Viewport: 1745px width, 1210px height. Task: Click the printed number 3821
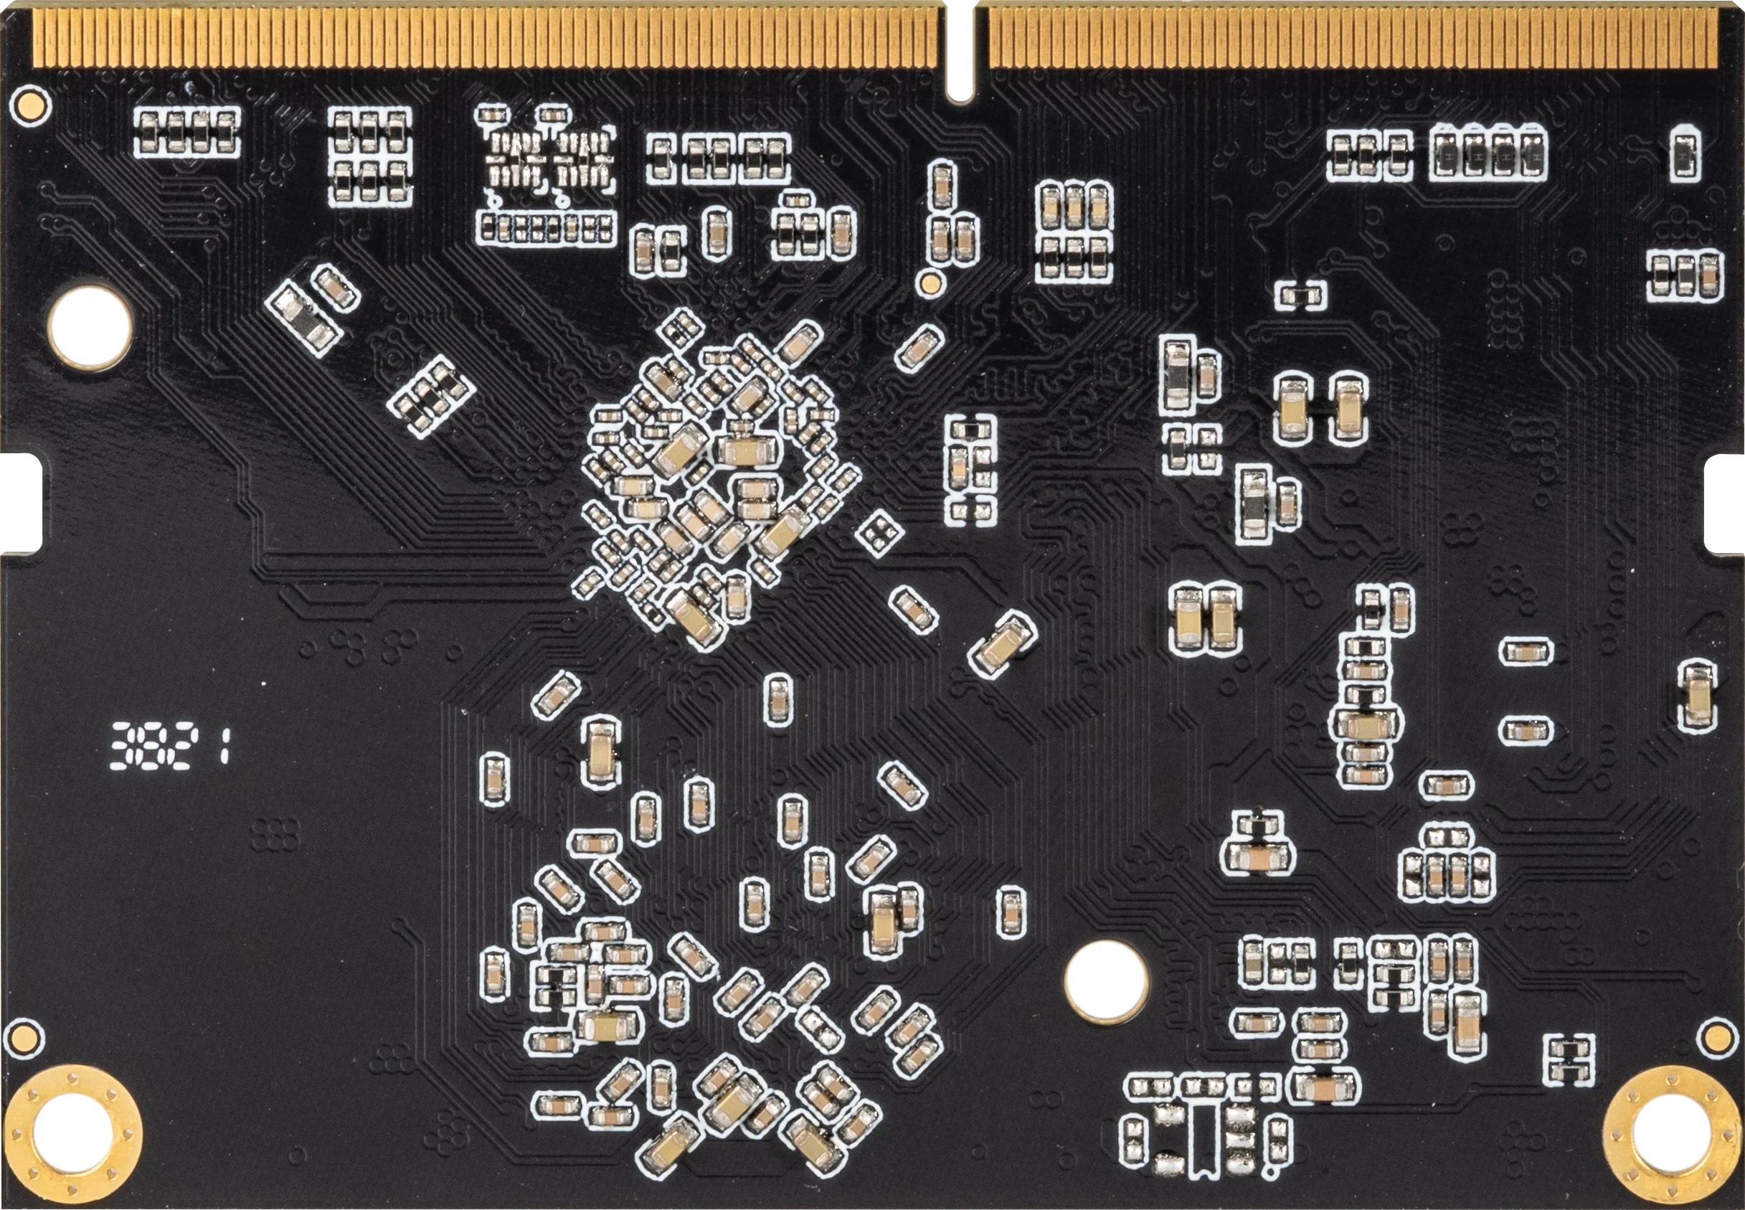click(x=171, y=745)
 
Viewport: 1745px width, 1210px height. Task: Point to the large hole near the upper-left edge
click(x=90, y=329)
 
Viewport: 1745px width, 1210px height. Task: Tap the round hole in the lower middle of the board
click(x=1106, y=980)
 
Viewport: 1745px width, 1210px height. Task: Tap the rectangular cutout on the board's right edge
click(x=1726, y=503)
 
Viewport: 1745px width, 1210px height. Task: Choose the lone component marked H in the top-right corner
click(x=1685, y=156)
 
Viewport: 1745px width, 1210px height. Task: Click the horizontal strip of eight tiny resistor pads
click(x=546, y=228)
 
